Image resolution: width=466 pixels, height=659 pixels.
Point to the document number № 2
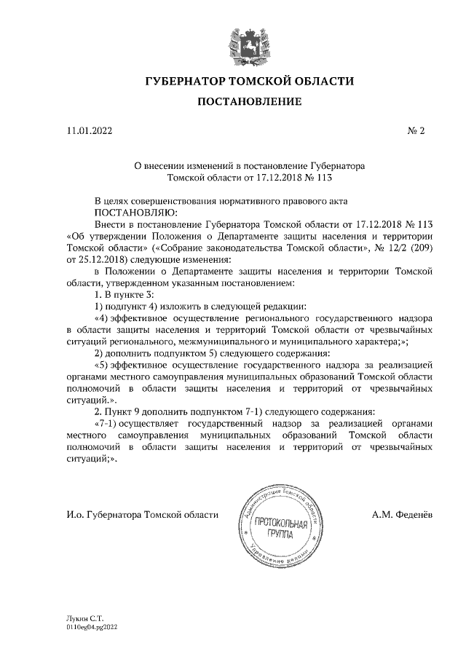(x=416, y=131)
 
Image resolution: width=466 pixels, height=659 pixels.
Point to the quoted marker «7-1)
(x=108, y=423)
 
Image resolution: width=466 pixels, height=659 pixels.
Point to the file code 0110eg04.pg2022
(x=91, y=625)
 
